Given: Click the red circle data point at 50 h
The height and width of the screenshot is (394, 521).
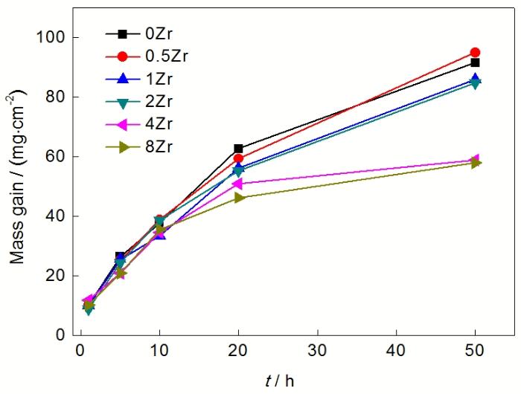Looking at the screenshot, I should [x=475, y=53].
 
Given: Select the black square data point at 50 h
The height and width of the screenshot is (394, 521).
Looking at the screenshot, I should [x=475, y=63].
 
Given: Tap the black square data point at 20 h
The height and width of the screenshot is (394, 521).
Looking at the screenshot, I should [x=238, y=149].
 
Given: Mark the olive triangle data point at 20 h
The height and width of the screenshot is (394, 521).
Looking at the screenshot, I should [x=238, y=198].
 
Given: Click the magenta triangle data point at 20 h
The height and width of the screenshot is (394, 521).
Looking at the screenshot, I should [x=238, y=184].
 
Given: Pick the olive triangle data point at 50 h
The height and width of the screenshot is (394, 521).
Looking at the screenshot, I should [x=476, y=163].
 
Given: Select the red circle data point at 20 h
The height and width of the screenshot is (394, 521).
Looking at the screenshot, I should [x=238, y=158].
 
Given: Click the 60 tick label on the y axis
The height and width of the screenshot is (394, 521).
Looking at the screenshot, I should [x=59, y=157].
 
